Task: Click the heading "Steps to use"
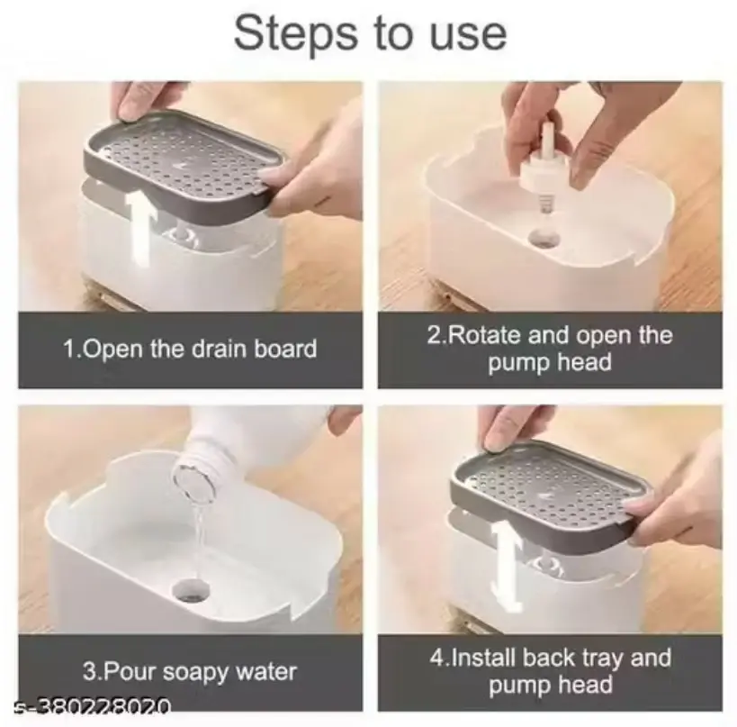click(370, 34)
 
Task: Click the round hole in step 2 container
click(544, 239)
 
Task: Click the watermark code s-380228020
click(92, 705)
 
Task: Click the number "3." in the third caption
click(92, 672)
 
